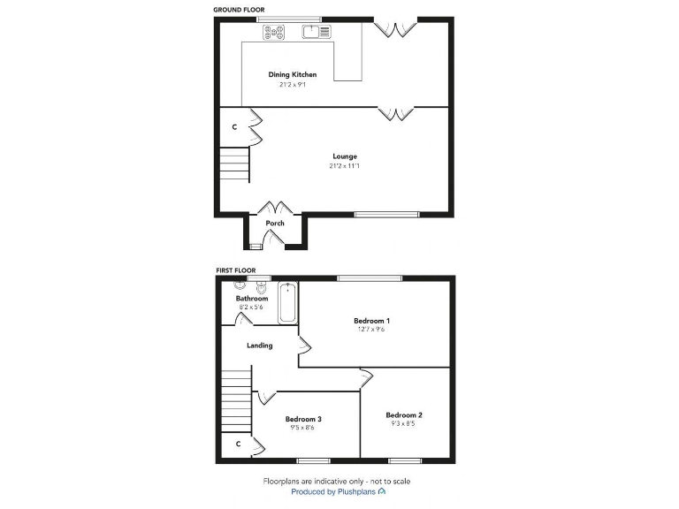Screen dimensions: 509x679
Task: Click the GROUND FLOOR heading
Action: click(239, 10)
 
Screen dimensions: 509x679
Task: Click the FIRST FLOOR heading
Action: click(236, 270)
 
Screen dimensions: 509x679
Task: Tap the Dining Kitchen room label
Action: click(292, 75)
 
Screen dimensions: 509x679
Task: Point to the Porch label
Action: click(275, 223)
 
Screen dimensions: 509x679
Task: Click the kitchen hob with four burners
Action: click(274, 33)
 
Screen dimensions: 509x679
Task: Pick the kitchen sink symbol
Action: click(316, 33)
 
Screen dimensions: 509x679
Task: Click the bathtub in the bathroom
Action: click(287, 302)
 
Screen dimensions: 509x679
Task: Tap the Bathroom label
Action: click(251, 299)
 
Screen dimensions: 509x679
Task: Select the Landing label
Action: click(259, 346)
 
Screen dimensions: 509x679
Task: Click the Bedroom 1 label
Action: click(371, 320)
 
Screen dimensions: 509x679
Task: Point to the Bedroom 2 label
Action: click(403, 414)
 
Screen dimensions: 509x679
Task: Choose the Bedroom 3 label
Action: click(302, 419)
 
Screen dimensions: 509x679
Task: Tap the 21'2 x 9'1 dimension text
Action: click(292, 85)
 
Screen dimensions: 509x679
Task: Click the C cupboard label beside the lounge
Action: click(234, 127)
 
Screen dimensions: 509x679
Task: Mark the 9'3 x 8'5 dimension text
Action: click(403, 423)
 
